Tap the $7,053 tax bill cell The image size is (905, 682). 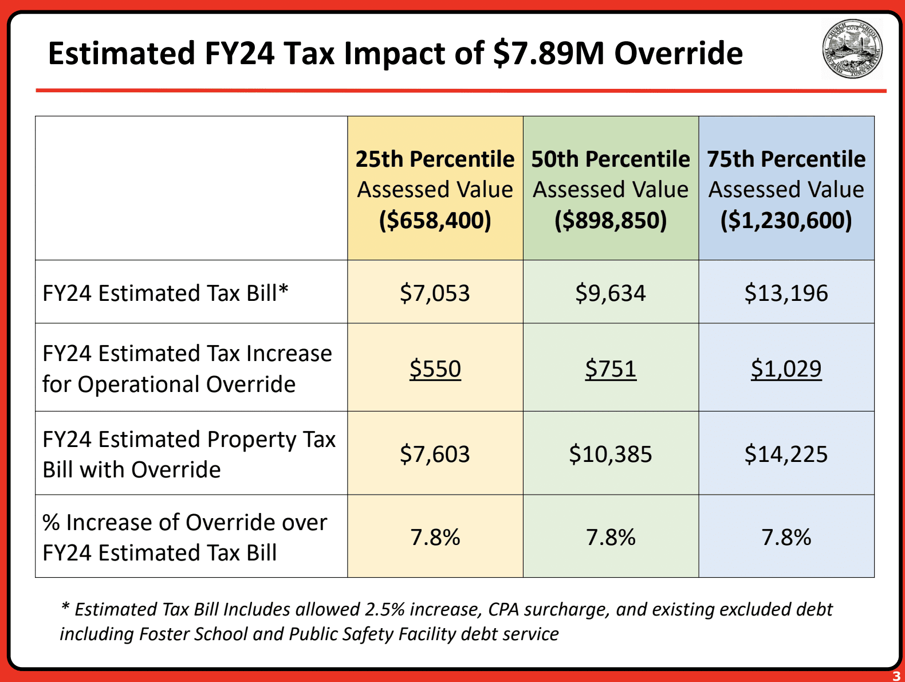tap(435, 293)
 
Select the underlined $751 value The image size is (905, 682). tap(611, 369)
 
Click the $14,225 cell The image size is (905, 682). tap(786, 454)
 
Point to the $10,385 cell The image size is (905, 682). tap(611, 454)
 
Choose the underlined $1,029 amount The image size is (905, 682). tap(786, 369)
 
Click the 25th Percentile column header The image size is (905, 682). tap(435, 159)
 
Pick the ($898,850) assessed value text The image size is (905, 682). tap(611, 221)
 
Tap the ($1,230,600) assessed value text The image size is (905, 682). tap(786, 221)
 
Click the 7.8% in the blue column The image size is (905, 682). tap(786, 538)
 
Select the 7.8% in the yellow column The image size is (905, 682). tap(435, 538)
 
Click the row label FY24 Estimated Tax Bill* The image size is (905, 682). tap(166, 293)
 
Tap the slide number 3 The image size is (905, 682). tap(896, 676)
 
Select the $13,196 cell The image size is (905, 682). tap(786, 293)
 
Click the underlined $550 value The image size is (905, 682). tap(435, 369)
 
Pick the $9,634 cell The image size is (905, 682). tap(611, 293)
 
